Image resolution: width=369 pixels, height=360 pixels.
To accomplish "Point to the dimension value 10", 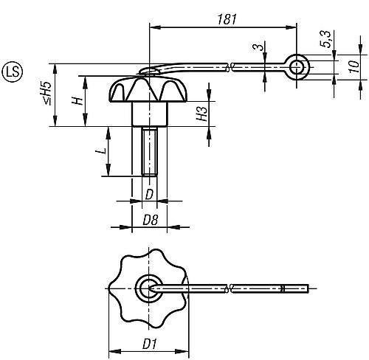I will pyautogui.click(x=354, y=68).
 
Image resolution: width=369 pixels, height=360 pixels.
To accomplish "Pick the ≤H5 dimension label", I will pyautogui.click(x=46, y=95).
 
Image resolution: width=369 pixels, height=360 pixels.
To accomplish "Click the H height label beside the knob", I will pyautogui.click(x=77, y=101).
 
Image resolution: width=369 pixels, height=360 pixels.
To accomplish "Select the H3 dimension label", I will pyautogui.click(x=199, y=114).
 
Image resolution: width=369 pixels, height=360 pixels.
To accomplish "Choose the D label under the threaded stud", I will pyautogui.click(x=149, y=194).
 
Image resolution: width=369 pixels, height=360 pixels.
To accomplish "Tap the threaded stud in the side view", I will pyautogui.click(x=149, y=152).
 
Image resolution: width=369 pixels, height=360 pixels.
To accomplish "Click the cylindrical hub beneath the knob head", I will pyautogui.click(x=149, y=116).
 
